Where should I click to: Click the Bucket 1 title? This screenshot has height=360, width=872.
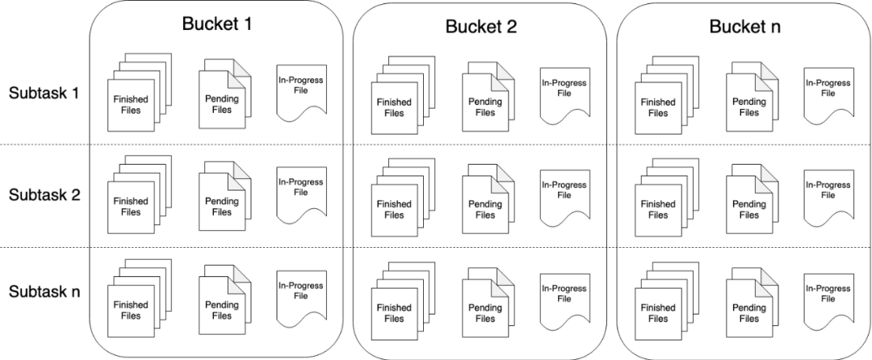click(x=216, y=23)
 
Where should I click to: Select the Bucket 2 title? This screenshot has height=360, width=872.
click(x=480, y=27)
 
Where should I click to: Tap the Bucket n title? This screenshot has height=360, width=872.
click(x=744, y=27)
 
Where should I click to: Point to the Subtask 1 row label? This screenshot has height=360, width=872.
click(x=44, y=92)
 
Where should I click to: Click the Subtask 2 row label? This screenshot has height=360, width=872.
click(x=44, y=195)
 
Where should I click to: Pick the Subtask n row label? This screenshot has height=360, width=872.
click(x=44, y=291)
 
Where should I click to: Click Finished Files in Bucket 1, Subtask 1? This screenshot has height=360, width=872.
click(x=131, y=104)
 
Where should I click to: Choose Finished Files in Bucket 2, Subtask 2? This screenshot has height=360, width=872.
click(x=394, y=210)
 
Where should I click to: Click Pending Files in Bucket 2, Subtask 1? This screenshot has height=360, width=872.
click(x=484, y=107)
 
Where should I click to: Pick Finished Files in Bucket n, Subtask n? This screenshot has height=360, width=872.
click(x=657, y=313)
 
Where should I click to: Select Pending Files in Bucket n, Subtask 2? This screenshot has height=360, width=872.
click(x=748, y=210)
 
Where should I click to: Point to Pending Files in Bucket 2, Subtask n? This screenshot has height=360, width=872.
click(x=484, y=313)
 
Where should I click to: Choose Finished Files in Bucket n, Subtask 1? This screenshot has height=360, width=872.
click(x=657, y=107)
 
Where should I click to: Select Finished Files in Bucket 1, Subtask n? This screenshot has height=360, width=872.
click(x=131, y=310)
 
